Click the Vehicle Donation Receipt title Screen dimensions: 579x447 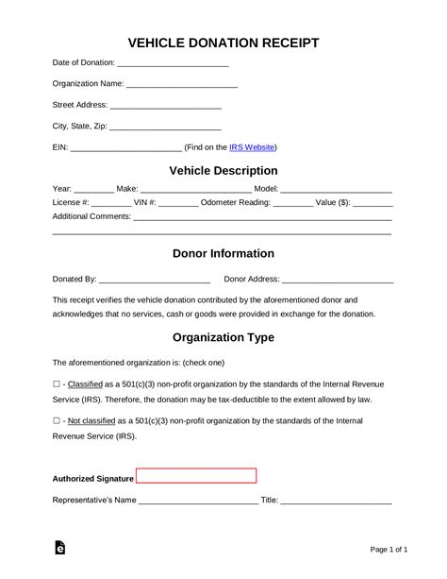[x=223, y=43]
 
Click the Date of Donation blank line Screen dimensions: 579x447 [x=173, y=64]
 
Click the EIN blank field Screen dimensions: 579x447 [x=125, y=148]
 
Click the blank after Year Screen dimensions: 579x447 [x=93, y=190]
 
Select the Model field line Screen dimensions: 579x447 [x=336, y=190]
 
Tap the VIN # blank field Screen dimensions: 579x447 [x=178, y=203]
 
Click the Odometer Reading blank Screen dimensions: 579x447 [x=292, y=203]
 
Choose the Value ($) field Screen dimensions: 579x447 [x=372, y=203]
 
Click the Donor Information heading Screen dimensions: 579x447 [x=223, y=253]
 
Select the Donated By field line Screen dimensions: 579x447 [x=154, y=281]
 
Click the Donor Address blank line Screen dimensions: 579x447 [x=337, y=281]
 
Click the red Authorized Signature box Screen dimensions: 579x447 [x=196, y=476]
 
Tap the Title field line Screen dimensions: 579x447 [x=336, y=501]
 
